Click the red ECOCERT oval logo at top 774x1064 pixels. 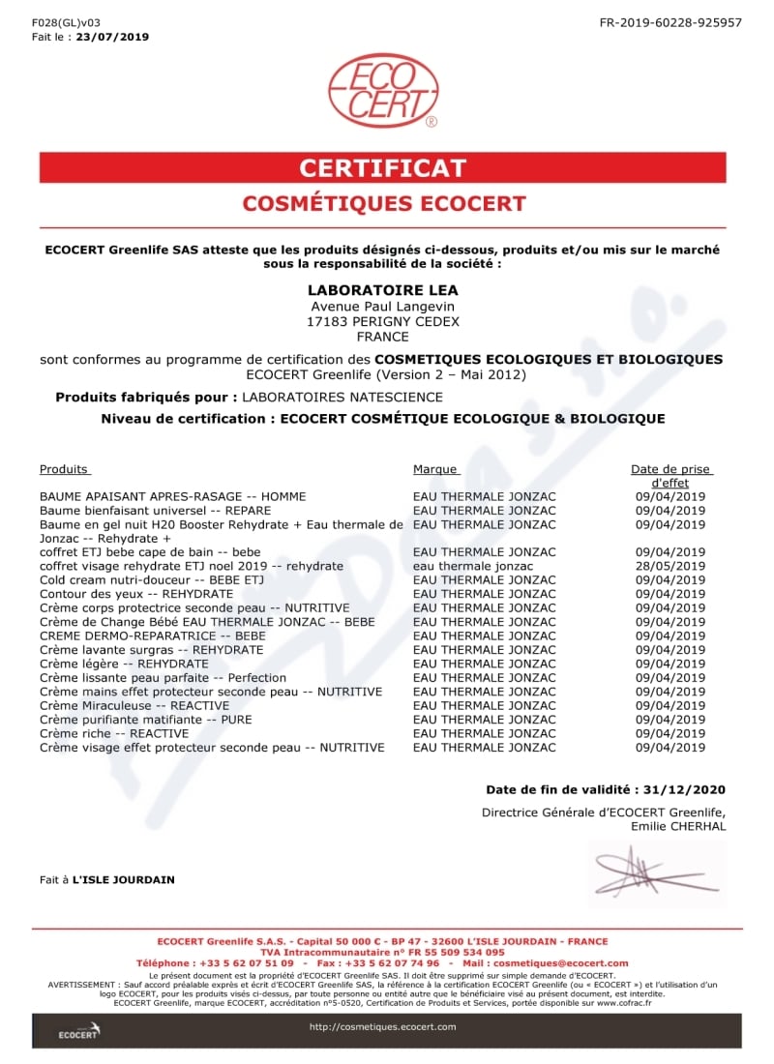coord(382,92)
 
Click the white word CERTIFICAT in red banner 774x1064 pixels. coord(382,167)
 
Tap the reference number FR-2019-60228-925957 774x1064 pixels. coord(670,22)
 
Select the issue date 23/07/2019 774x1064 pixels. coord(112,37)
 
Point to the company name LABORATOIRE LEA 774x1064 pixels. coord(382,290)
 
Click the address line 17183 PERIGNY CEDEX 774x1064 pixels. coord(382,321)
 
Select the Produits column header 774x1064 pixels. coord(64,469)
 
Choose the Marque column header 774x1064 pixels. coord(434,469)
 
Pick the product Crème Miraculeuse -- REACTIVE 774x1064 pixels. coord(134,706)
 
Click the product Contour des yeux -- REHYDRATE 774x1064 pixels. coord(124,594)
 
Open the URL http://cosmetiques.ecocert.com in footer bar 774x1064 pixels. coord(382,1026)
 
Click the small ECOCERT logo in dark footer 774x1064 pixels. coord(77,1031)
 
